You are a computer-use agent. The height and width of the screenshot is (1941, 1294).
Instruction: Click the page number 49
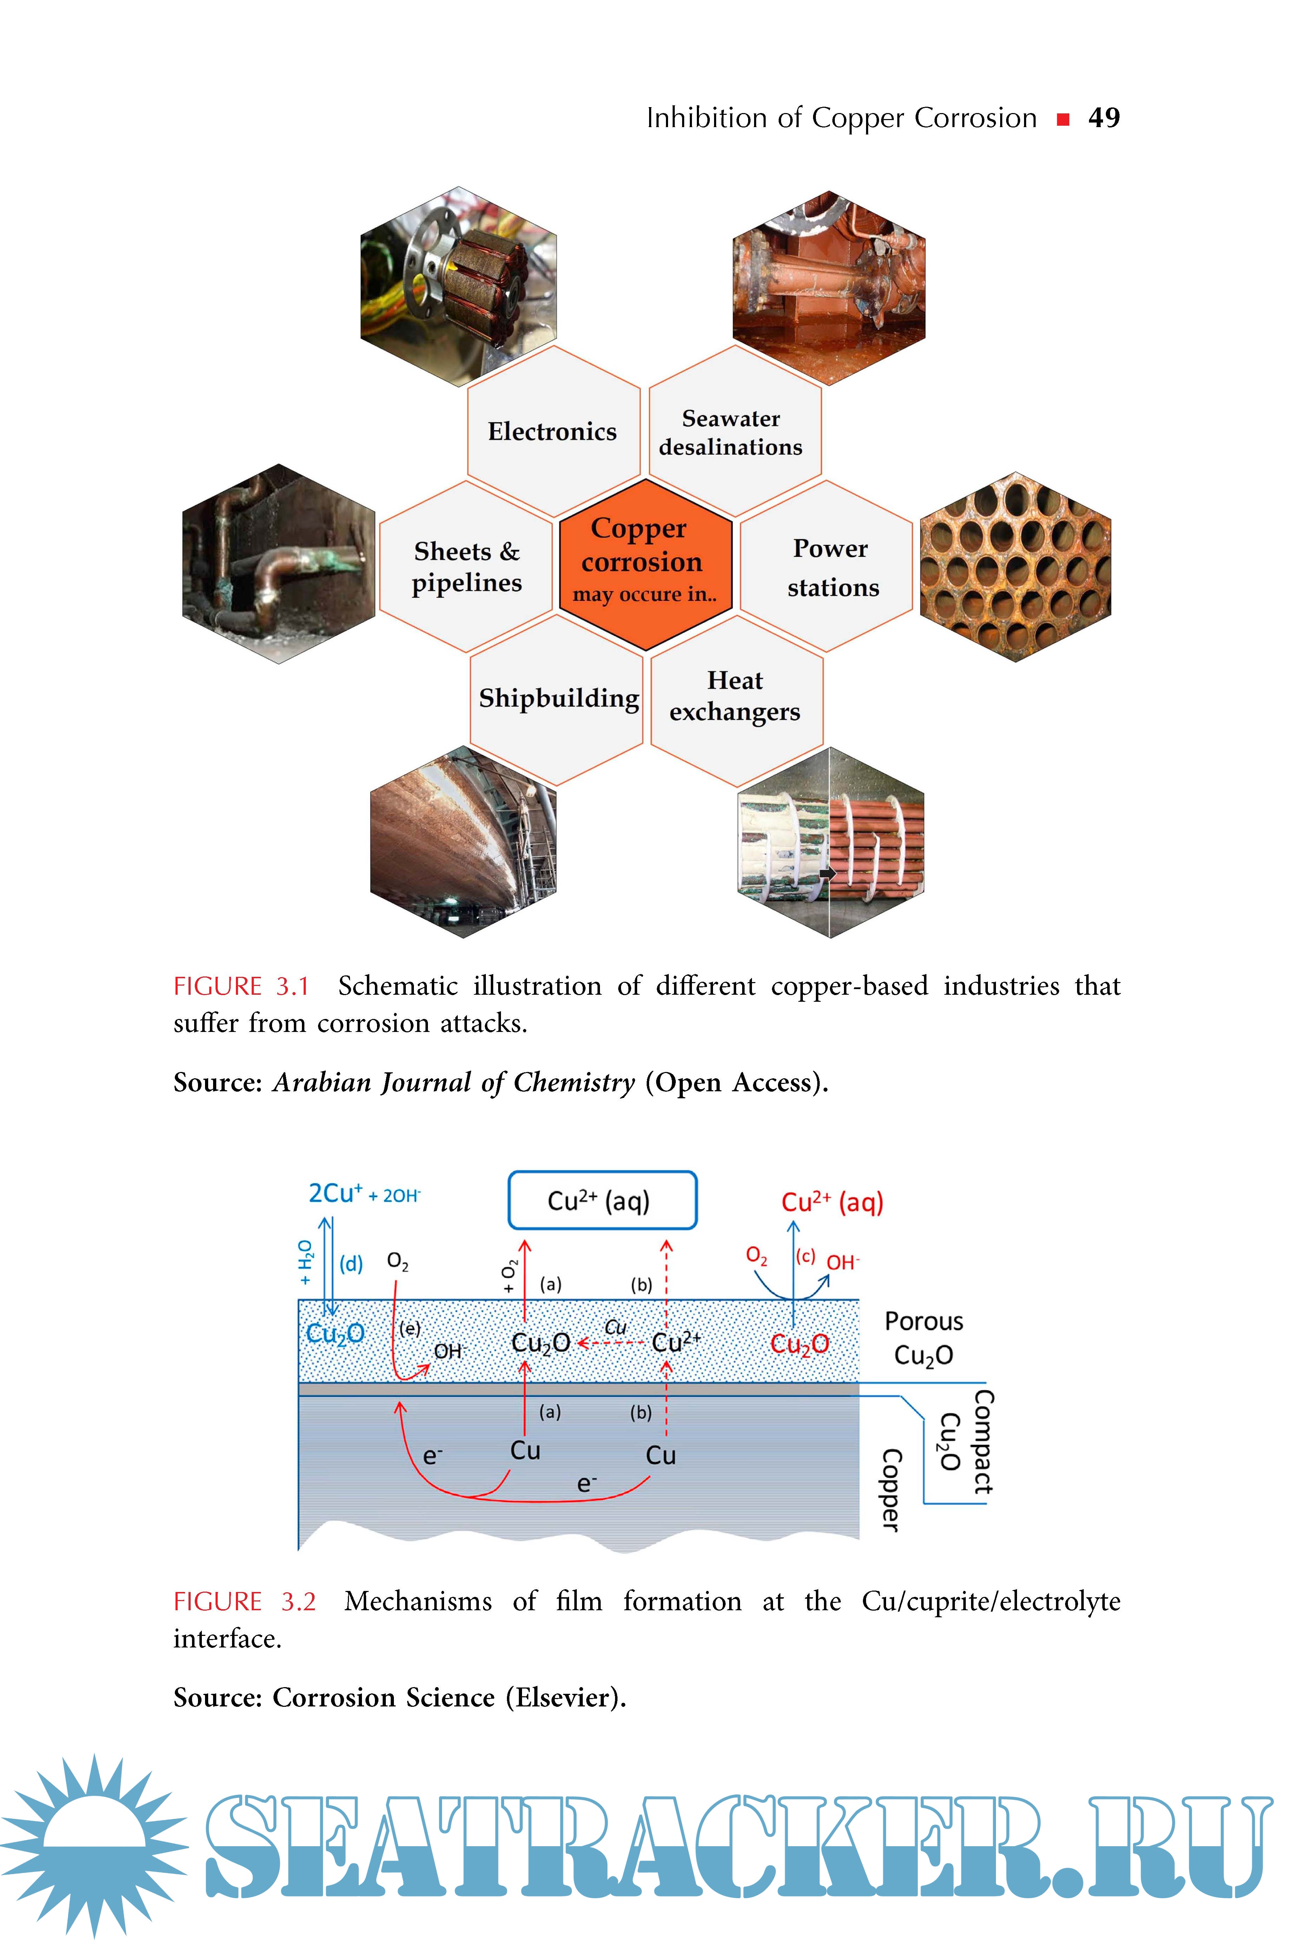1103,118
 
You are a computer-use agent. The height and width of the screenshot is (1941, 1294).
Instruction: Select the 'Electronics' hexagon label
552,432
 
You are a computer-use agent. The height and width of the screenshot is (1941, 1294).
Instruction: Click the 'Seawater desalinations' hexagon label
730,433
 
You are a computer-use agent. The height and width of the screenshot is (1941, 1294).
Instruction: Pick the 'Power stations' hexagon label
832,568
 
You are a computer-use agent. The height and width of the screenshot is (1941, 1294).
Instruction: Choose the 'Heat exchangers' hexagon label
734,696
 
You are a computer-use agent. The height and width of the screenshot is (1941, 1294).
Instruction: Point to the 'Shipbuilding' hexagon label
559,698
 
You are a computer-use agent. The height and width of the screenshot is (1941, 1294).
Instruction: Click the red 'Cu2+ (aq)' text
832,1202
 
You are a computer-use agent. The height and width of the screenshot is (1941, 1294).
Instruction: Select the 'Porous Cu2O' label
924,1338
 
